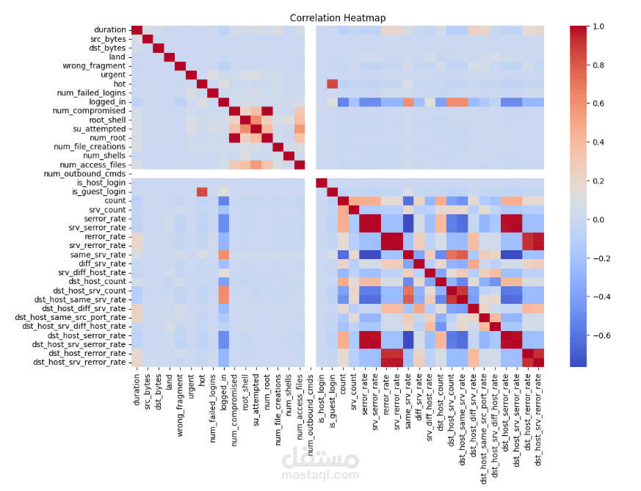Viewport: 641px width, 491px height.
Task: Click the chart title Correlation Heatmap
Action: tap(337, 18)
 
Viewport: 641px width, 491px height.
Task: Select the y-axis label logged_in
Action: tap(106, 102)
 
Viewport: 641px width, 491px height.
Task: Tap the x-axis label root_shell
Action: tap(245, 393)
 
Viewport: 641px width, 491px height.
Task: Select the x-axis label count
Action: tap(343, 385)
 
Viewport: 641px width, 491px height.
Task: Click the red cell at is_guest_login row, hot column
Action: tap(202, 192)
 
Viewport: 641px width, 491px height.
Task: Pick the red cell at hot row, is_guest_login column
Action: tap(332, 84)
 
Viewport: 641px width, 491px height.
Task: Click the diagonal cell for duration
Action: tap(137, 30)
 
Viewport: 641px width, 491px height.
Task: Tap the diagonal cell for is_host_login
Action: tap(321, 183)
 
